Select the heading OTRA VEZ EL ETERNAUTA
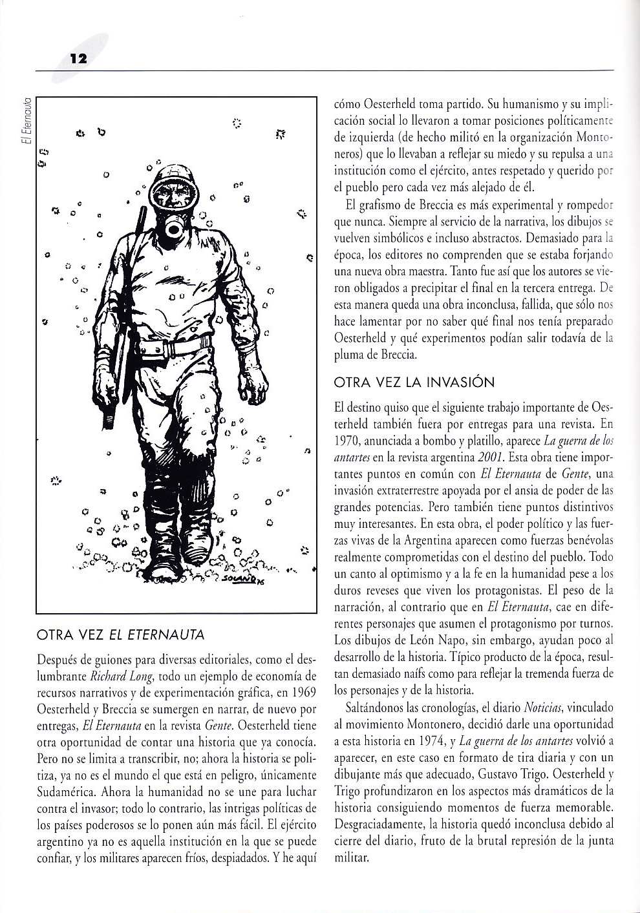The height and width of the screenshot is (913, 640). pyautogui.click(x=122, y=635)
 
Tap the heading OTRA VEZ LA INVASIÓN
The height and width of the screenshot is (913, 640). pyautogui.click(x=414, y=382)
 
